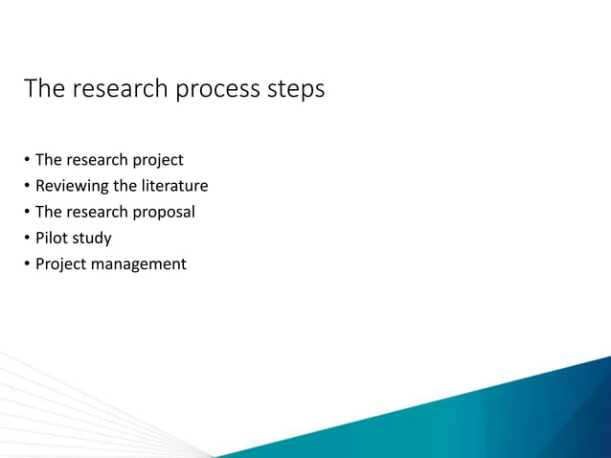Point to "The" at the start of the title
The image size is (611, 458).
click(x=44, y=90)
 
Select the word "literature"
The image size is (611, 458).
click(x=174, y=186)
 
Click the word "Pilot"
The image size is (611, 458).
click(x=50, y=238)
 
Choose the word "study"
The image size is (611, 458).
click(x=91, y=238)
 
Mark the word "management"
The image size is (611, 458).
click(x=140, y=263)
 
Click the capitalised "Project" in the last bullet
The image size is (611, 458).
click(x=61, y=263)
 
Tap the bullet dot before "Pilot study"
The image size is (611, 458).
click(x=28, y=239)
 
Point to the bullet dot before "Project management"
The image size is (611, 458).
click(x=28, y=264)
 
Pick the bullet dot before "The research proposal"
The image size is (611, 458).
click(x=28, y=213)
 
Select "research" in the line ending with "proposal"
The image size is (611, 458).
click(x=98, y=212)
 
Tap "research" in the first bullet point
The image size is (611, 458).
click(x=98, y=160)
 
